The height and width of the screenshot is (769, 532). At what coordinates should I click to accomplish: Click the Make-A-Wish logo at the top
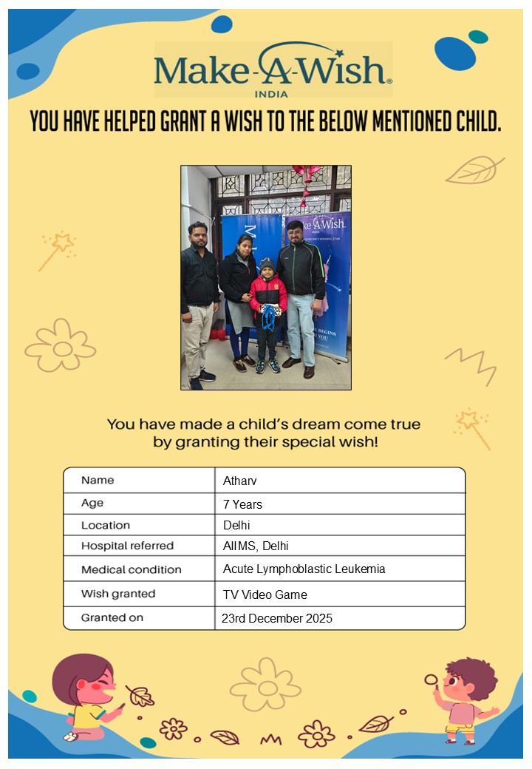[273, 69]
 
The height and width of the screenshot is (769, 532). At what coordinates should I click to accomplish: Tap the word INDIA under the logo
[271, 94]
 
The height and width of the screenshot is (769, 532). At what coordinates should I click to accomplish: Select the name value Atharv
[239, 481]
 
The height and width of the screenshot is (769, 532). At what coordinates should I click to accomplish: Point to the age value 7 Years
[242, 504]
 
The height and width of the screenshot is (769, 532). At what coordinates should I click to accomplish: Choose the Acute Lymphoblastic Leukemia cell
[304, 569]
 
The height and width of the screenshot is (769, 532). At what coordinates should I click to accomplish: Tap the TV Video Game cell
[265, 594]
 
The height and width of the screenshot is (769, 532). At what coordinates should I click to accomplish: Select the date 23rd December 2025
[277, 618]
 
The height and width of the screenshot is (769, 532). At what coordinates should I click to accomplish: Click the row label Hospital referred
[127, 546]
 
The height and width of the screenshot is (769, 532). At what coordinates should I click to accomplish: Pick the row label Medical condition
[131, 570]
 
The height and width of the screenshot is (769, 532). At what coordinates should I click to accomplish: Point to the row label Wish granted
[118, 594]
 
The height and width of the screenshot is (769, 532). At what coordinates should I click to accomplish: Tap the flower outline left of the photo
[61, 346]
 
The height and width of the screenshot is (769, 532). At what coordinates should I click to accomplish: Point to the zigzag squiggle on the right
[470, 364]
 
